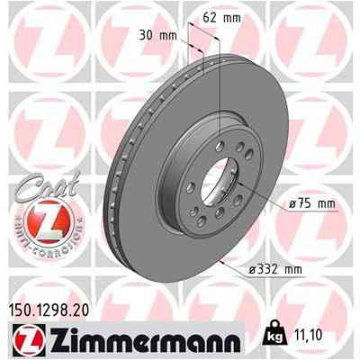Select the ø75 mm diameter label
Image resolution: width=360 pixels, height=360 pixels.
311,204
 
